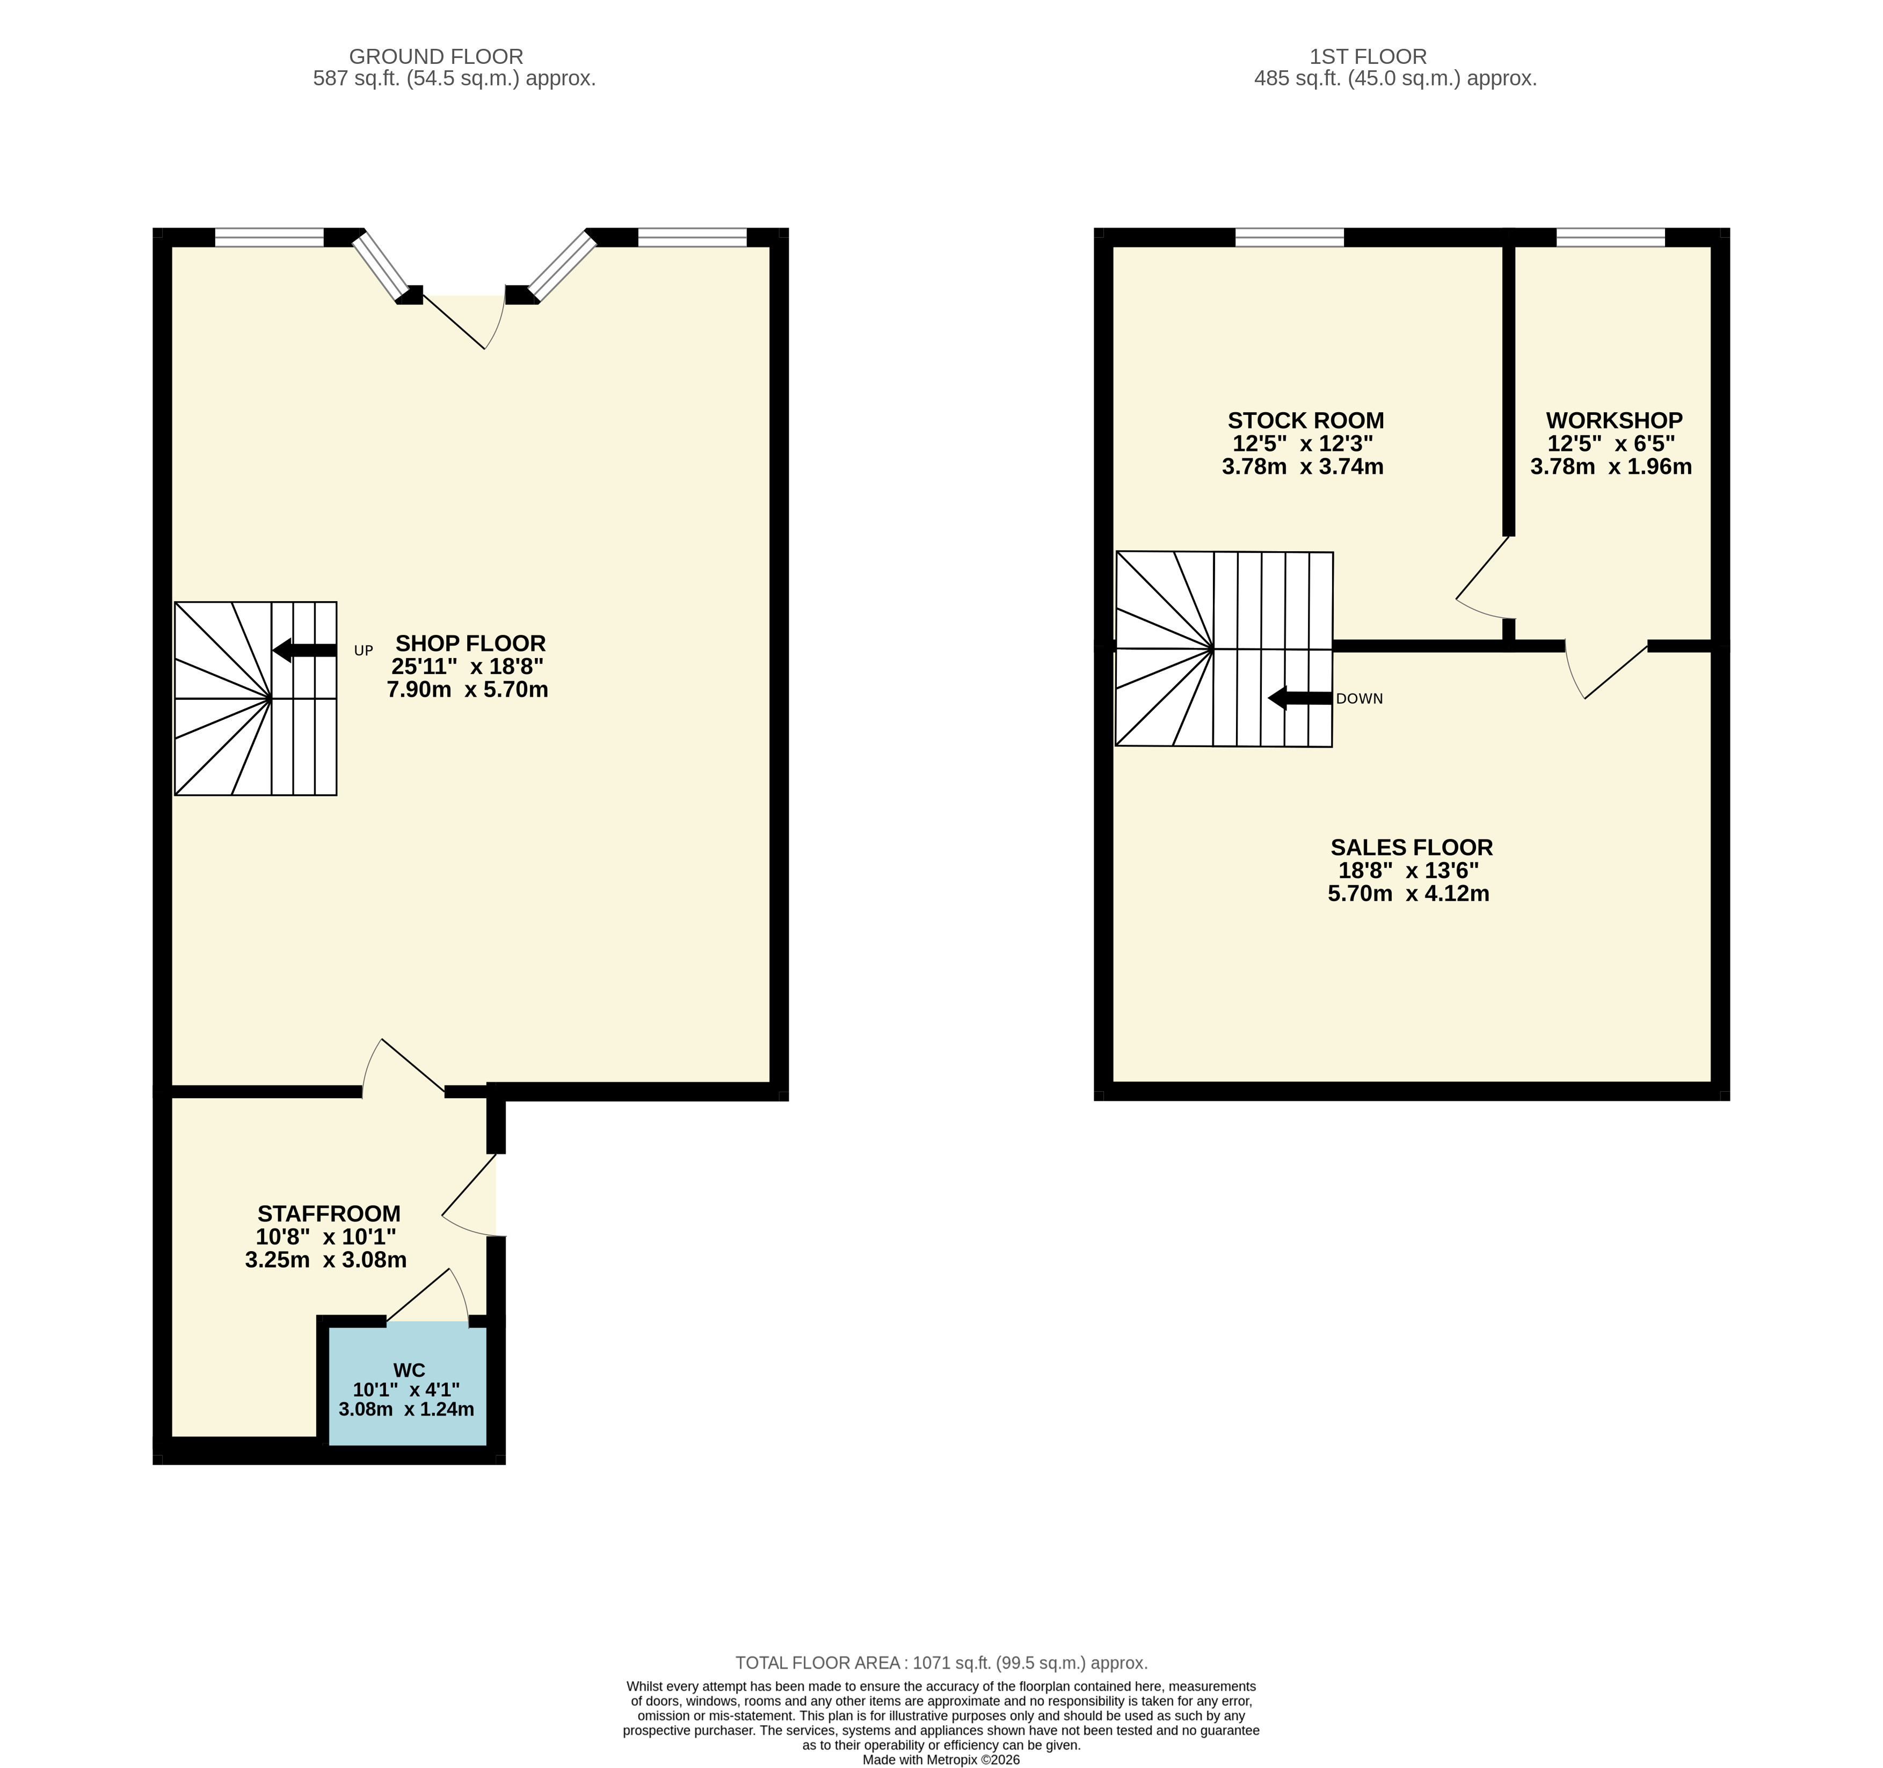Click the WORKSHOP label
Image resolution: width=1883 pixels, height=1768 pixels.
click(1614, 420)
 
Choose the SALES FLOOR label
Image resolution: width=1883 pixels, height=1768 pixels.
click(1411, 848)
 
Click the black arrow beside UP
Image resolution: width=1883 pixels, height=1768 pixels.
click(304, 651)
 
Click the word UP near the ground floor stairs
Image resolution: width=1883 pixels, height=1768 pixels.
click(363, 651)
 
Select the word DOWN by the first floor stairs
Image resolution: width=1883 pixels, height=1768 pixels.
click(1359, 699)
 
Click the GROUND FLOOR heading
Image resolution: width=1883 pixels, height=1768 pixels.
click(435, 57)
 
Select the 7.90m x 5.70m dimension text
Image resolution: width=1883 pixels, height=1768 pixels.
click(468, 689)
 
